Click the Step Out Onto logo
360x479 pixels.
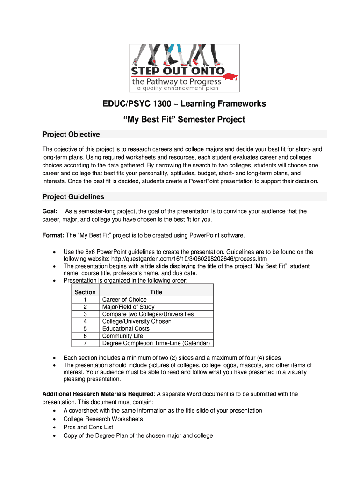coord(184,68)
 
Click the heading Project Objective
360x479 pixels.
coord(71,135)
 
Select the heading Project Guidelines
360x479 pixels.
coord(73,196)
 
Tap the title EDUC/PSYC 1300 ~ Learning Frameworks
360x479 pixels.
coord(184,104)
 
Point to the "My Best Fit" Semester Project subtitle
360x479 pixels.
coord(184,119)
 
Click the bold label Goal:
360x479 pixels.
coord(50,211)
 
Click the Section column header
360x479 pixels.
coord(85,292)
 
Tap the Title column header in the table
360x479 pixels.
coord(156,292)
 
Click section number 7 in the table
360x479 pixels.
coord(85,343)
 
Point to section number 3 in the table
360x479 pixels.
coord(85,314)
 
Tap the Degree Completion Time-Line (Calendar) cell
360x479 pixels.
coord(157,343)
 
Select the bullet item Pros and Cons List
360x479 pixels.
coord(88,427)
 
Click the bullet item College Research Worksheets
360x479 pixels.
coord(103,419)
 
